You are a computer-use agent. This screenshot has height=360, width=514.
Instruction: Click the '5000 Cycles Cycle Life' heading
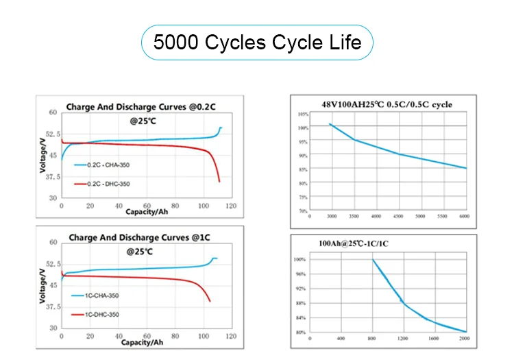[257, 43]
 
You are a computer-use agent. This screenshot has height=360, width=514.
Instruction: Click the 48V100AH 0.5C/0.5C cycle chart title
[387, 104]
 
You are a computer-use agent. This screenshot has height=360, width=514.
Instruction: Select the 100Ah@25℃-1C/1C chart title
[358, 243]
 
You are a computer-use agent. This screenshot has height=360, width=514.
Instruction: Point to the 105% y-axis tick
[302, 113]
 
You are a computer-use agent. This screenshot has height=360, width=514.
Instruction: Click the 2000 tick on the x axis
[464, 339]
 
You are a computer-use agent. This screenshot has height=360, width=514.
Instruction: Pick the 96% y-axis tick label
[299, 274]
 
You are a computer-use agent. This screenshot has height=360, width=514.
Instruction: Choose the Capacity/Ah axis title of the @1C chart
[144, 342]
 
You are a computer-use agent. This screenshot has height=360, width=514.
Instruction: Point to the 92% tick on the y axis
[299, 289]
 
